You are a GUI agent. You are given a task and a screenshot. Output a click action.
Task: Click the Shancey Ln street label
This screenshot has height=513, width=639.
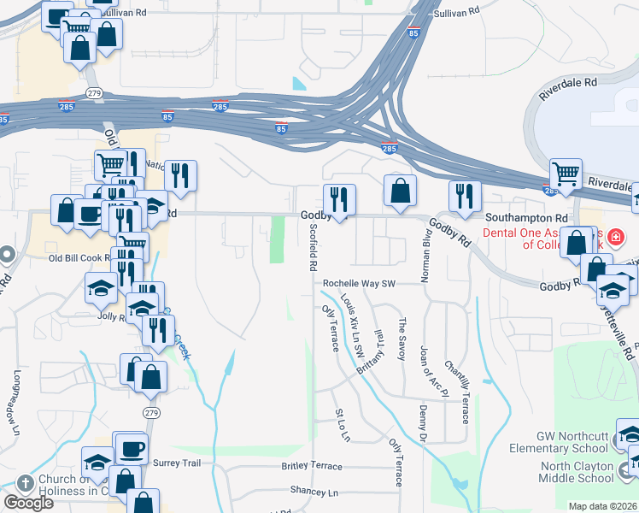[314, 492]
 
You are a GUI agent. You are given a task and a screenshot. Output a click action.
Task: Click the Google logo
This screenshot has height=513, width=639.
[27, 503]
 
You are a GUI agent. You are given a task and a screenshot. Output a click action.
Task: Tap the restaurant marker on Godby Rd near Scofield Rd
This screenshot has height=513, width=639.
[339, 199]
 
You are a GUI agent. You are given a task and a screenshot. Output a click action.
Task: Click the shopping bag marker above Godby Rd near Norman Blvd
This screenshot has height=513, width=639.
[400, 190]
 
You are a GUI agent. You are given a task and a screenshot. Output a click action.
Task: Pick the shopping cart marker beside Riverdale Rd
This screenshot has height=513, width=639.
[566, 174]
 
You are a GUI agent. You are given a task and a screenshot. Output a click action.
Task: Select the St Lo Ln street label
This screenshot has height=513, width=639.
[343, 425]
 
